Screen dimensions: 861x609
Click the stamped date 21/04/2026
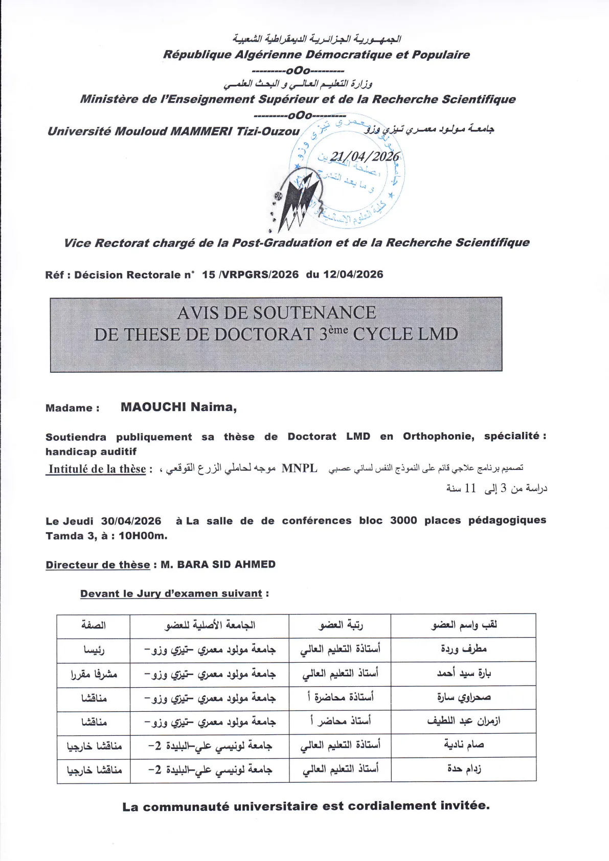(364, 156)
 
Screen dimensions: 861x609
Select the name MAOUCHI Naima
(178, 407)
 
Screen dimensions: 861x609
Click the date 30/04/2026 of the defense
(131, 521)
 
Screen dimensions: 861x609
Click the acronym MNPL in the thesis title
(299, 468)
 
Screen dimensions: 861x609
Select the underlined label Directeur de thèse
(98, 564)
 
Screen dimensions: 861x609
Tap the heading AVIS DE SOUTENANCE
(276, 312)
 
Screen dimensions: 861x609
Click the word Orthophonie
(438, 436)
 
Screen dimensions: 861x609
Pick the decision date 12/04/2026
(353, 275)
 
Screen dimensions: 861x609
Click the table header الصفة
(94, 625)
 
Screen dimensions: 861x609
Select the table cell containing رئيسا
(94, 649)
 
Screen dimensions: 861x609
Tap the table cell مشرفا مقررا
(94, 674)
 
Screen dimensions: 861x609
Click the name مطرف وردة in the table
(463, 649)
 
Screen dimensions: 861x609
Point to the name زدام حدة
(463, 768)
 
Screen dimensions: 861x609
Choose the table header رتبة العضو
(340, 625)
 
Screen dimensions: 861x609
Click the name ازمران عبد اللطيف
(463, 721)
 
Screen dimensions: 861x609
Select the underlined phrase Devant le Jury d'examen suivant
(171, 594)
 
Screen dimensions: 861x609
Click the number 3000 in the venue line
(403, 520)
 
